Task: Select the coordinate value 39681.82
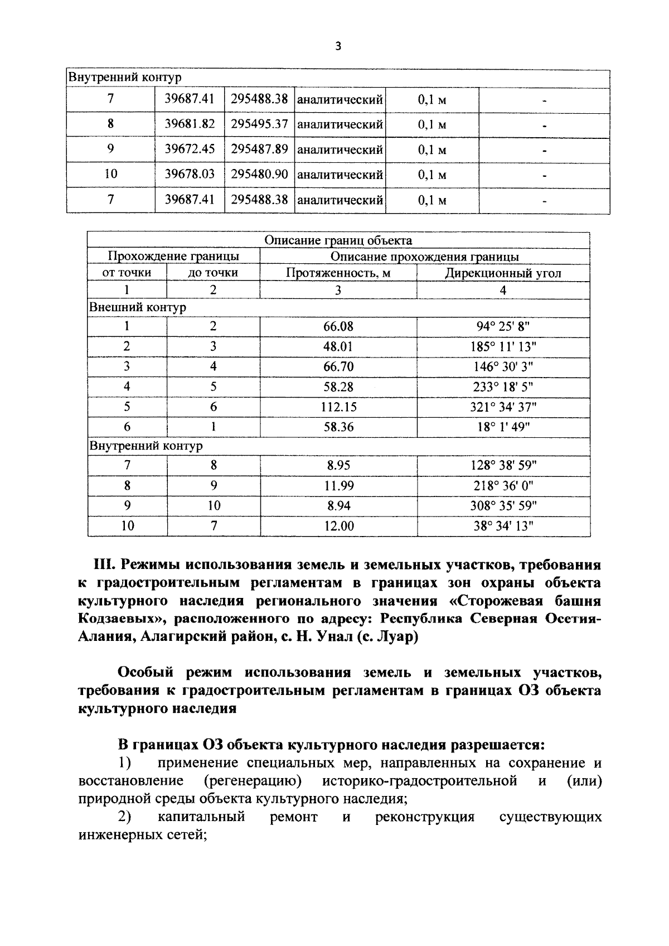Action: pos(190,124)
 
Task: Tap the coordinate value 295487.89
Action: pos(259,149)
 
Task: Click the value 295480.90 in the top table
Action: pos(259,174)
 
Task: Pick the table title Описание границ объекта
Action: pos(338,240)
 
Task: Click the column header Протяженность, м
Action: pos(338,273)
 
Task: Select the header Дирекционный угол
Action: pos(503,273)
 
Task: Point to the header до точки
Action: pos(213,273)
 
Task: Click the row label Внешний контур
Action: pos(138,307)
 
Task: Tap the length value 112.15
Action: pos(338,407)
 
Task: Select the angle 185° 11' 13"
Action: pos(503,347)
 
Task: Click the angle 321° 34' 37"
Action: pos(503,407)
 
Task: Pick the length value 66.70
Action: pos(338,367)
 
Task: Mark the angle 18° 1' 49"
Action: pos(503,427)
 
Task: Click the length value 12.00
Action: pos(339,526)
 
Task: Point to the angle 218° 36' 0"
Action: pos(503,486)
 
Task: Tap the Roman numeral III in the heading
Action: pos(103,564)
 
